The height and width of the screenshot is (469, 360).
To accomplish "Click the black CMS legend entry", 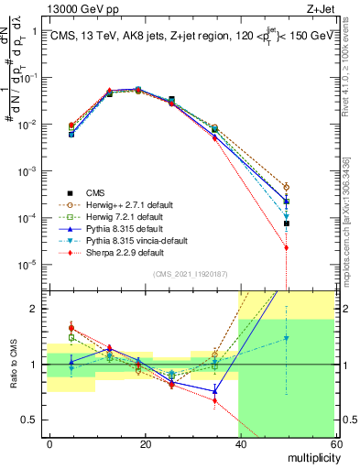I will pyautogui.click(x=96, y=193).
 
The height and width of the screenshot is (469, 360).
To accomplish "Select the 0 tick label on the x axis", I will pyautogui.click(x=50, y=444).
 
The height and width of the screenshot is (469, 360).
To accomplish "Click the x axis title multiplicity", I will pyautogui.click(x=310, y=458).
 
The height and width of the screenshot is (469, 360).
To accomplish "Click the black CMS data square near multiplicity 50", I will pyautogui.click(x=287, y=224).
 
